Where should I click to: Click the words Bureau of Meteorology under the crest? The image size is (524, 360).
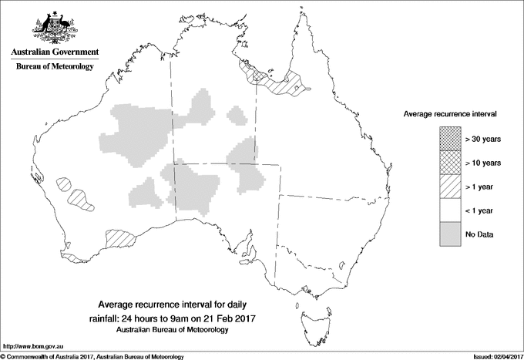tap(54, 67)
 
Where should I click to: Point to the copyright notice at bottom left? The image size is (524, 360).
tap(92, 355)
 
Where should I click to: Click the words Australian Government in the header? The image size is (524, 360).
tap(54, 52)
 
